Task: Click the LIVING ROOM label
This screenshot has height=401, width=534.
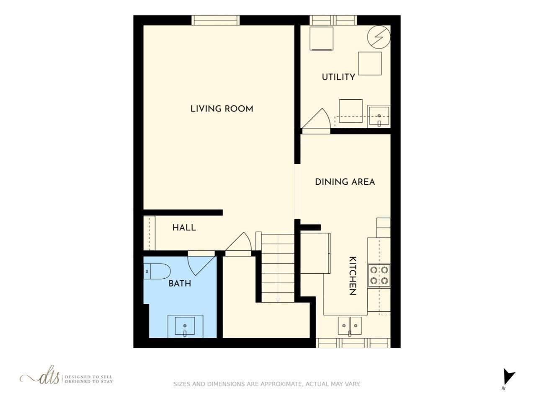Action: tap(222, 109)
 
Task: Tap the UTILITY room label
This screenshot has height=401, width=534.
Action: tap(338, 77)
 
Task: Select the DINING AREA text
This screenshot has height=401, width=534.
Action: tap(345, 182)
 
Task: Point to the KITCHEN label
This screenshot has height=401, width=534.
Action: tap(353, 276)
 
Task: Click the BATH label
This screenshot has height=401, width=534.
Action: tap(180, 284)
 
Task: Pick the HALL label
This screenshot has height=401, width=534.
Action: tap(184, 228)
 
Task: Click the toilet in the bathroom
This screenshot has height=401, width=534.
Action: tap(157, 271)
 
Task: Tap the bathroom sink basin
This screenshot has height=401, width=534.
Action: tap(185, 326)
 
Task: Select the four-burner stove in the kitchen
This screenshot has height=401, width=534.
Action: tap(379, 276)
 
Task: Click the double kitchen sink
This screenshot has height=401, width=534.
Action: tap(350, 326)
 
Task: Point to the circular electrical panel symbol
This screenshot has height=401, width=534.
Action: tap(379, 37)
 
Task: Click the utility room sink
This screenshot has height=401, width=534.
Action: tap(379, 116)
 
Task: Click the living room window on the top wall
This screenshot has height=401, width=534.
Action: tap(216, 20)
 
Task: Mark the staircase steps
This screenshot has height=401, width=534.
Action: tap(278, 268)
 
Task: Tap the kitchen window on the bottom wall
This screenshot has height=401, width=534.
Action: tap(353, 343)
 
